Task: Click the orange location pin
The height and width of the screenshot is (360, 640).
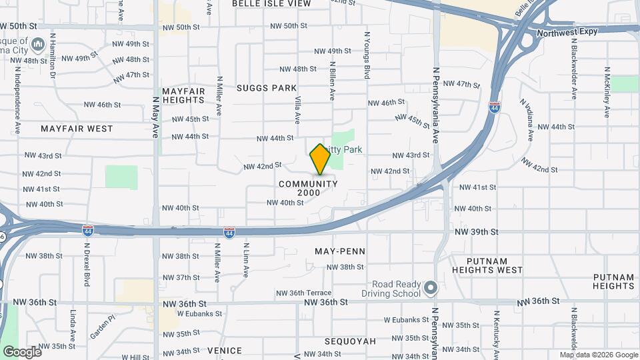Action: pyautogui.click(x=320, y=159)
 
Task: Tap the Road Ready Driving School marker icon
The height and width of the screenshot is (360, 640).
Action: pyautogui.click(x=431, y=288)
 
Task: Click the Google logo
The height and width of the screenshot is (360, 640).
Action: pyautogui.click(x=22, y=351)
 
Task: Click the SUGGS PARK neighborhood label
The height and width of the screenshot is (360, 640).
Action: pyautogui.click(x=267, y=88)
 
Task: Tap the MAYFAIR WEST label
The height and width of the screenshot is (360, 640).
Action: pyautogui.click(x=77, y=128)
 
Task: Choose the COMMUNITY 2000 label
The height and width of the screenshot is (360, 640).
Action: pyautogui.click(x=309, y=188)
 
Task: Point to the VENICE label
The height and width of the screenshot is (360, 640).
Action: pyautogui.click(x=225, y=350)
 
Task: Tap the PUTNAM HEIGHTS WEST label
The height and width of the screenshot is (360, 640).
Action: pyautogui.click(x=487, y=265)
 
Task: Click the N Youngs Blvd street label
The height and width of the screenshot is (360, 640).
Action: pyautogui.click(x=366, y=55)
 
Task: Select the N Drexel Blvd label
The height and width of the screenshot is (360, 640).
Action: pyautogui.click(x=87, y=263)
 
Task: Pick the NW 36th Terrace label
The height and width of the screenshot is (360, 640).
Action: pyautogui.click(x=303, y=293)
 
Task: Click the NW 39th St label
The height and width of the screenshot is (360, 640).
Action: pyautogui.click(x=477, y=231)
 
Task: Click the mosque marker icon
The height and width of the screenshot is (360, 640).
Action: pyautogui.click(x=37, y=45)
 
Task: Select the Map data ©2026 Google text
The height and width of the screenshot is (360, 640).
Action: pyautogui.click(x=598, y=355)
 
